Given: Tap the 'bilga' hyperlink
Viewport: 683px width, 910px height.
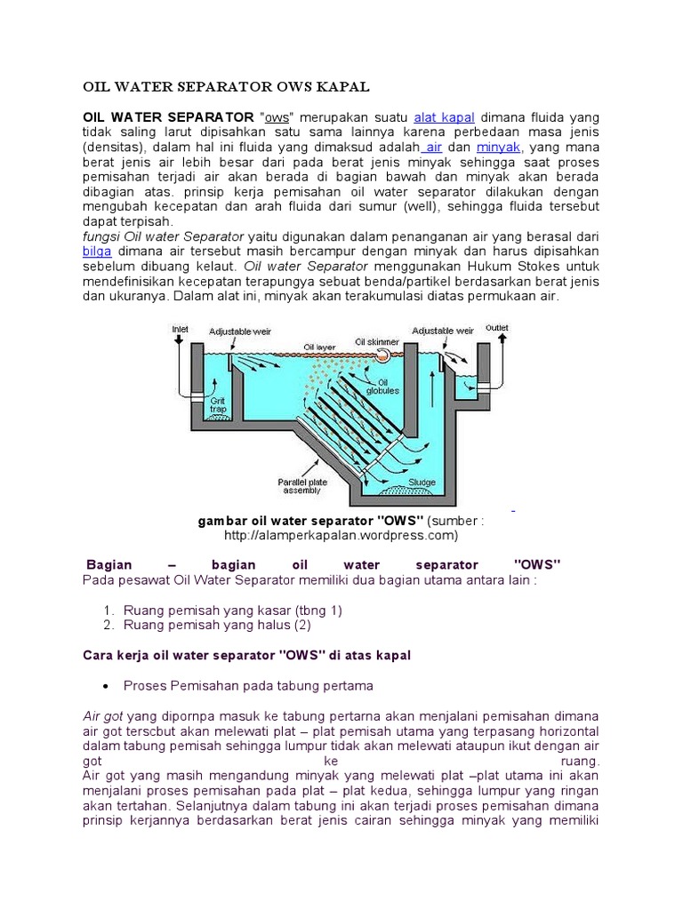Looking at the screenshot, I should (x=96, y=251).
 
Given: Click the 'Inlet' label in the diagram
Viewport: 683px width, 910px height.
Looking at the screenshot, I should (x=180, y=329).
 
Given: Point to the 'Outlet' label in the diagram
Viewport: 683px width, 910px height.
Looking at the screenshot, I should (x=496, y=328).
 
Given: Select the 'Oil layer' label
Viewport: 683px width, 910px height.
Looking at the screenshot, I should (x=320, y=347).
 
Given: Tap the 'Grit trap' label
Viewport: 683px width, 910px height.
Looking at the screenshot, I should (x=218, y=404).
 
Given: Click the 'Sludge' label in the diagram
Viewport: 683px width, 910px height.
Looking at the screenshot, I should (x=422, y=483).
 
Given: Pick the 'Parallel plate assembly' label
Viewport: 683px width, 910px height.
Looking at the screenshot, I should (x=307, y=488).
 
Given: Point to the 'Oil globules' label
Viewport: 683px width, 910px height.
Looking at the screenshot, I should (x=389, y=386).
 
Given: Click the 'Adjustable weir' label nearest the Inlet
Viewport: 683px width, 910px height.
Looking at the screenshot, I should (x=239, y=331).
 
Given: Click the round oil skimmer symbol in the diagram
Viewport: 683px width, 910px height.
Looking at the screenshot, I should (x=382, y=354).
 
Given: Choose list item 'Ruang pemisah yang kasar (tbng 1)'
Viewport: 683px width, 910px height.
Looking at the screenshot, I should (x=233, y=611).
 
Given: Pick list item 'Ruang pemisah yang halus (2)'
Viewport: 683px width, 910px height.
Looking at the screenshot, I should (x=218, y=625).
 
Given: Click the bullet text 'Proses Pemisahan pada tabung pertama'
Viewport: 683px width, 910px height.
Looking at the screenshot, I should (x=248, y=686).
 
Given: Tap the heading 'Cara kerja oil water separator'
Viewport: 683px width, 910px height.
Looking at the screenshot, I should (x=246, y=655).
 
